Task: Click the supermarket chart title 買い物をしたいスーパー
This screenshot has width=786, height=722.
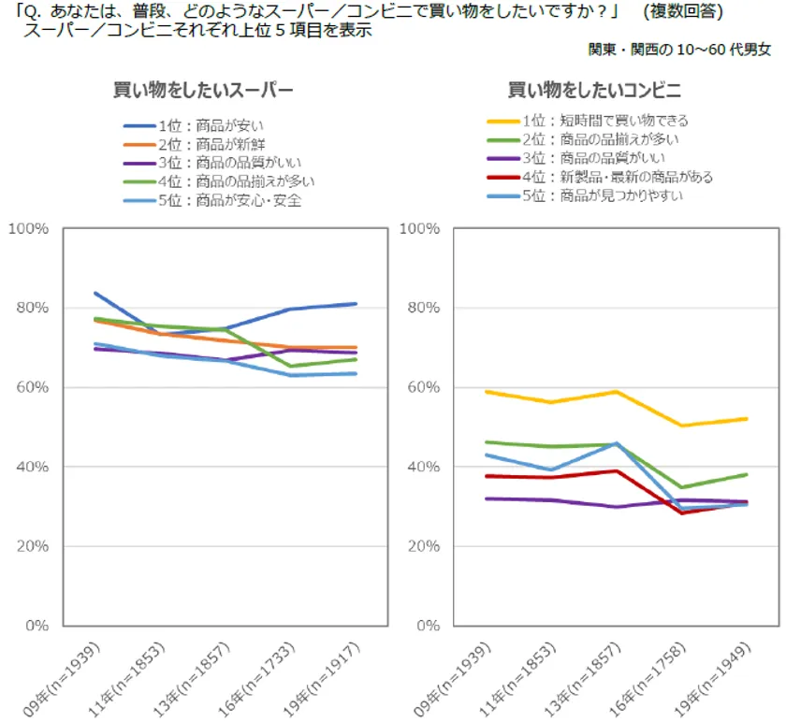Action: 203,91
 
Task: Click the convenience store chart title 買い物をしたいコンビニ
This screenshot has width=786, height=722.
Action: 593,91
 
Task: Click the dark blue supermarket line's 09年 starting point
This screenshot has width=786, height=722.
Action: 95,293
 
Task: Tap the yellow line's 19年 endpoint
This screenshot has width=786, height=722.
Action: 747,418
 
